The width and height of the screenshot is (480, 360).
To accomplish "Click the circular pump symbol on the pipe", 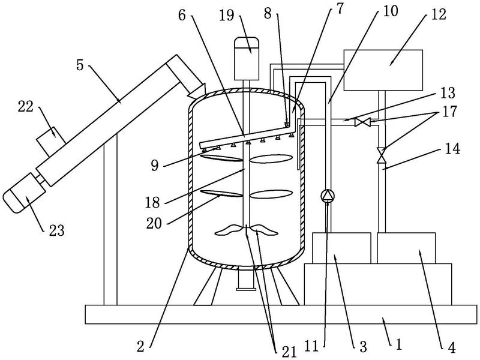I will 328,196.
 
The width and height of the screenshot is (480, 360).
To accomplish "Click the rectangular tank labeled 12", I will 382,70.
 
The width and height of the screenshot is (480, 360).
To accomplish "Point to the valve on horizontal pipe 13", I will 362,122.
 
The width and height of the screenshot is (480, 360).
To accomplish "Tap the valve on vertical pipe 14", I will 380,155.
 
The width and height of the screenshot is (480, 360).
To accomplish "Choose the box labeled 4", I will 406,248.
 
